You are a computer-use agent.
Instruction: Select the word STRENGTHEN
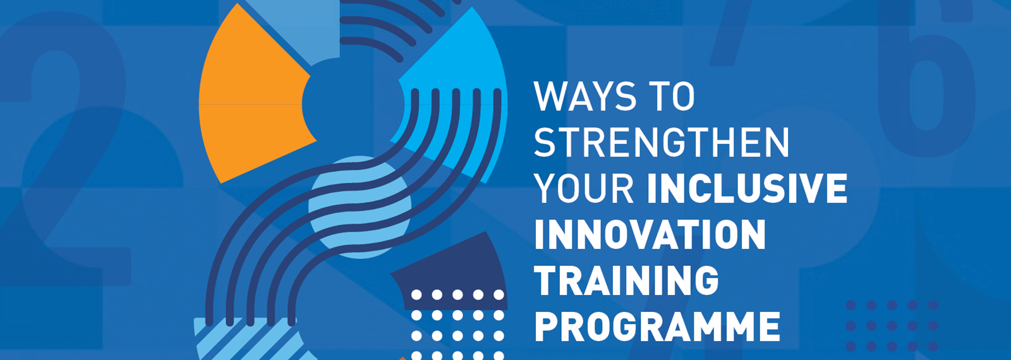(662, 143)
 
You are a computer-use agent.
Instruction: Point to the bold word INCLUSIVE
(747, 189)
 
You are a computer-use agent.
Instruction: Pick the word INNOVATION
(650, 235)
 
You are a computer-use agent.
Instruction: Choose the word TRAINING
(627, 280)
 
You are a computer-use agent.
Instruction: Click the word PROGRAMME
(657, 326)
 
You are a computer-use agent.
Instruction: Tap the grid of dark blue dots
(892, 326)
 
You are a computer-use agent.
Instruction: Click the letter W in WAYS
(548, 97)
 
